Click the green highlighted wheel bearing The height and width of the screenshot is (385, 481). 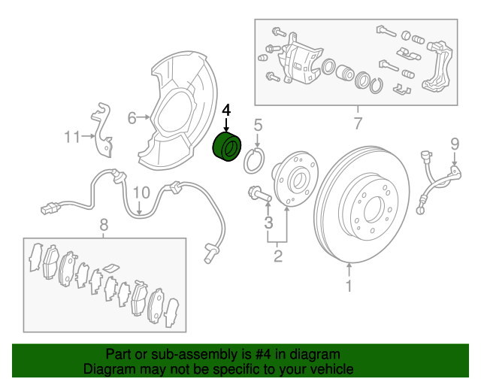(x=227, y=147)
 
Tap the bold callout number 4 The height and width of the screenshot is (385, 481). (x=226, y=111)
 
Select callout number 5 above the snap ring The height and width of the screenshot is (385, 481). (x=258, y=126)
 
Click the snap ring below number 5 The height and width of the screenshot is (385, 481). (x=254, y=160)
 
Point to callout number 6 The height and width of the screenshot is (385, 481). (x=132, y=118)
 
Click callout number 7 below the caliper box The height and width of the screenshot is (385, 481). (x=358, y=123)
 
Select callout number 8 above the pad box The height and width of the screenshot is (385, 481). (x=104, y=225)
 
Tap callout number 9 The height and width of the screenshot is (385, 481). (x=455, y=144)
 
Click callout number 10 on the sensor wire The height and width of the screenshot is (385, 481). (x=141, y=192)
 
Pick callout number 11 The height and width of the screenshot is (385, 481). (x=72, y=137)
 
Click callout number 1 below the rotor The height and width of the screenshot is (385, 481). (x=349, y=286)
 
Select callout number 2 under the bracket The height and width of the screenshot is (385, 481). (x=277, y=256)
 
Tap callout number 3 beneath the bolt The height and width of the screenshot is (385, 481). (x=268, y=223)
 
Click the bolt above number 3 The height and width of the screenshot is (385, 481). (x=259, y=194)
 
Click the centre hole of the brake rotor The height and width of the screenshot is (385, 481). (x=373, y=209)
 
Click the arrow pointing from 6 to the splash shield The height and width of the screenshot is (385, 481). (x=144, y=117)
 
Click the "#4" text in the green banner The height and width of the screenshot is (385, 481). (x=264, y=354)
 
